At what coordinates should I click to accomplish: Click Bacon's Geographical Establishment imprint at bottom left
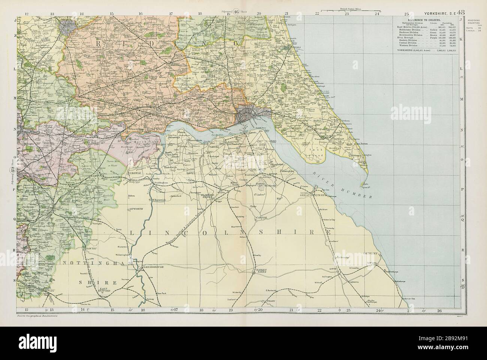(39, 317)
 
